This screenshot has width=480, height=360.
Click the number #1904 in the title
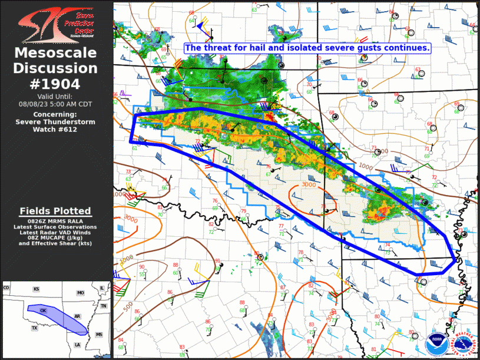(x=55, y=83)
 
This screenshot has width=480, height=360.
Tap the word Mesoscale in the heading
(x=55, y=54)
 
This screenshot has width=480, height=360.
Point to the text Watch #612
(x=55, y=129)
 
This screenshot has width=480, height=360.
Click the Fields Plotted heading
(x=55, y=211)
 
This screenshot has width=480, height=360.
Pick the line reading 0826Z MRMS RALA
(x=55, y=220)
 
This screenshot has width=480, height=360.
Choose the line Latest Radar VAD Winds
(x=55, y=232)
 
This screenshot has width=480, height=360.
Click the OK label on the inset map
(x=43, y=310)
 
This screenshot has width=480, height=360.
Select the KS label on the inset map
(x=36, y=289)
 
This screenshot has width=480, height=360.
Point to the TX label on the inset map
(x=34, y=328)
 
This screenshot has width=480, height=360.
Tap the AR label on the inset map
(x=77, y=316)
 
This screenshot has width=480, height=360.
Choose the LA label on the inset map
(x=77, y=344)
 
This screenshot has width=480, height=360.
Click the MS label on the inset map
(x=99, y=334)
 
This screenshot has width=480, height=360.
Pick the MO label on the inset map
(x=80, y=293)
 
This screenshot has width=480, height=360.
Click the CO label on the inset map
(x=6, y=288)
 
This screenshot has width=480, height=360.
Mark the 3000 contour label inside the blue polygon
(x=309, y=184)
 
